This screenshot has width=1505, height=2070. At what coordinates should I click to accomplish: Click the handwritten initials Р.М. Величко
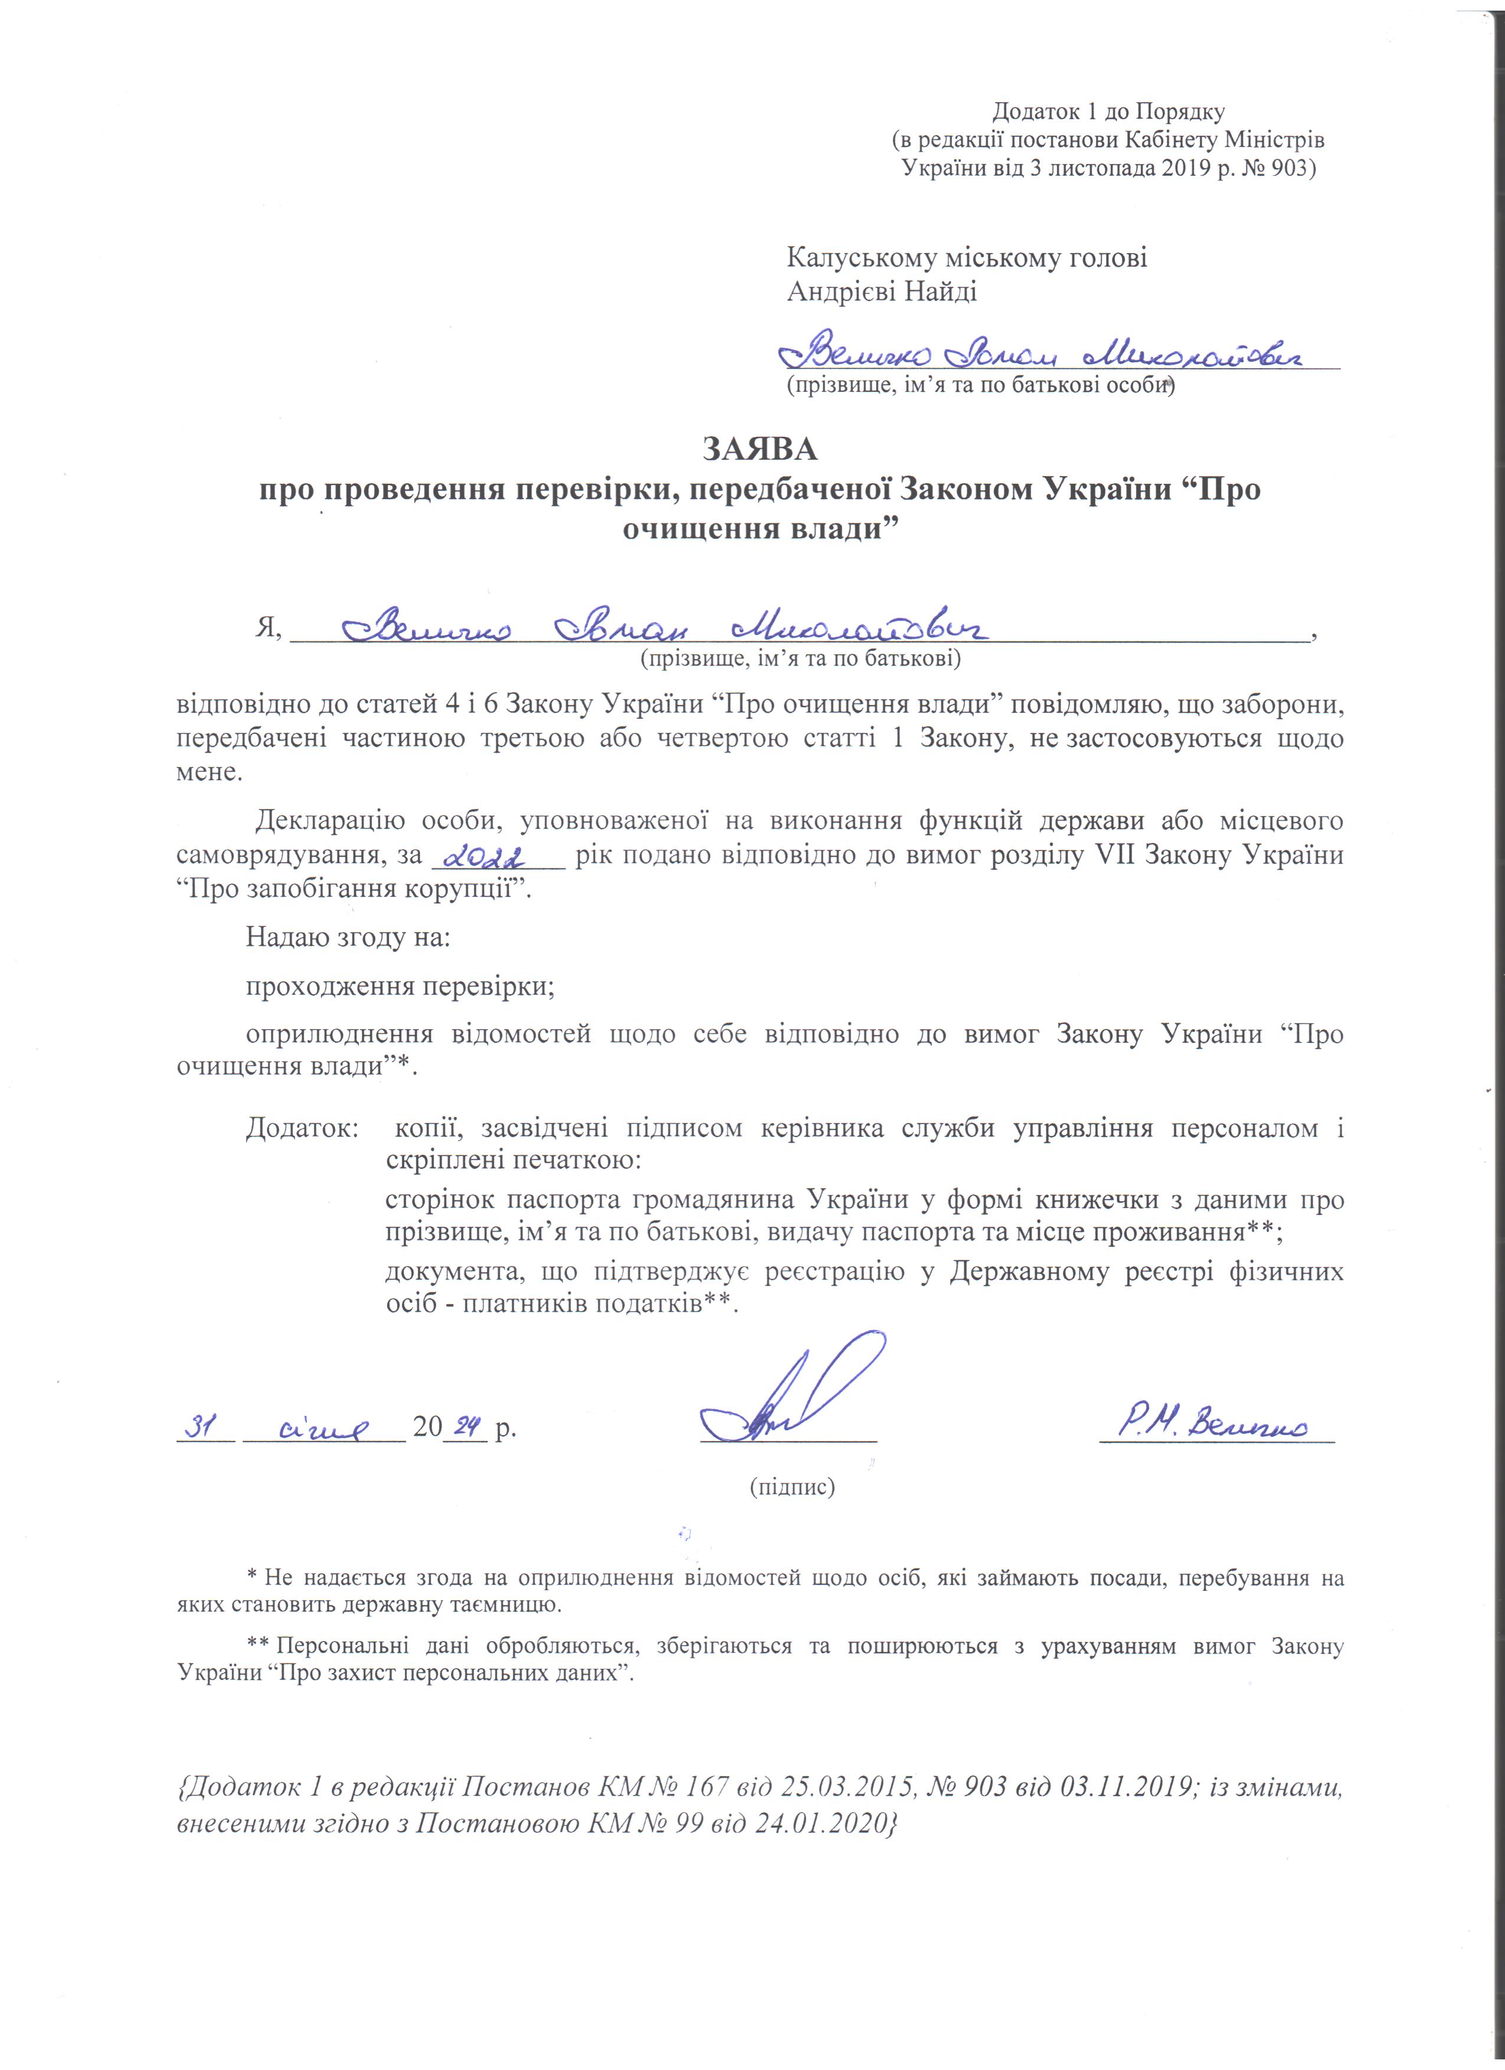pos(1214,1424)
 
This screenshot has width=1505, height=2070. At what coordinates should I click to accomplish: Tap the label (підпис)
pos(792,1487)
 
